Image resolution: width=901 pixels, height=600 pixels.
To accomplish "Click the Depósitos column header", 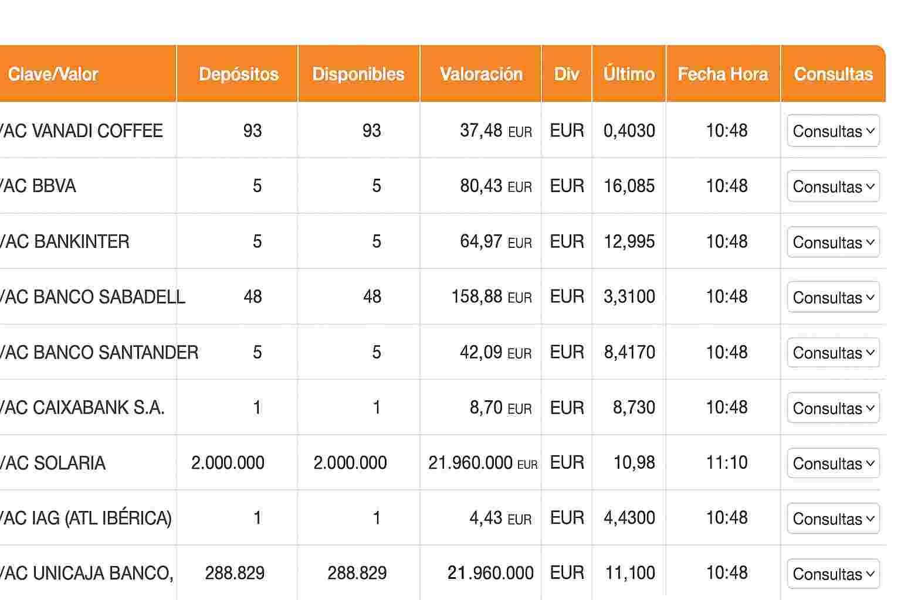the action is [239, 74].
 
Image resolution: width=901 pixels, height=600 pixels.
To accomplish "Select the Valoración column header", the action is [481, 74].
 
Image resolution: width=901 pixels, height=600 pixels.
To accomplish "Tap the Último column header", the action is [629, 74].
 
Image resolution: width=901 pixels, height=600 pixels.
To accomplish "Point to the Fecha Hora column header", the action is [723, 74].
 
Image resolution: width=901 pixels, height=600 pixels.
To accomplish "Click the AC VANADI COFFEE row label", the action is [82, 131].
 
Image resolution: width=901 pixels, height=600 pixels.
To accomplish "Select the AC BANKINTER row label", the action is [65, 241].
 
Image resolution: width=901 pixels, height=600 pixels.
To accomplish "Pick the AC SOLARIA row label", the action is [53, 463].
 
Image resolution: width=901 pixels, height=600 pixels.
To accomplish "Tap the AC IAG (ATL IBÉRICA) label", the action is [86, 518].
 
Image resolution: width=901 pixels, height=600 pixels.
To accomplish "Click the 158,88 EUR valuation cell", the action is [492, 296].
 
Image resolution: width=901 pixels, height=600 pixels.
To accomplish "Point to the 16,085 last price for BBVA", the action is [629, 186].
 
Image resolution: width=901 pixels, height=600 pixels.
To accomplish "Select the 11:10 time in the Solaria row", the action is [727, 462].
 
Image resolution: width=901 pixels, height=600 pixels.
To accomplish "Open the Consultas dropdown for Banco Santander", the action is [834, 353].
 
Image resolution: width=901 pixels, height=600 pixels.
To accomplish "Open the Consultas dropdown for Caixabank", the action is [834, 408].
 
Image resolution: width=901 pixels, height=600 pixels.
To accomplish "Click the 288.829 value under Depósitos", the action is [235, 573].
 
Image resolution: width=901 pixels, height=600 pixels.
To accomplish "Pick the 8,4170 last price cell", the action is [629, 352].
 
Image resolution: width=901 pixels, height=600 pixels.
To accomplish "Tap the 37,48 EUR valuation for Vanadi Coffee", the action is [496, 131].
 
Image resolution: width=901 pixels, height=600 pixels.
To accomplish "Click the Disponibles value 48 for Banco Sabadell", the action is [372, 296].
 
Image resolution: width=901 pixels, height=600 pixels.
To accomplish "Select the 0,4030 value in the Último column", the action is [629, 131].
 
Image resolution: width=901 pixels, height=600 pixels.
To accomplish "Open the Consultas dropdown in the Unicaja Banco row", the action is [834, 574].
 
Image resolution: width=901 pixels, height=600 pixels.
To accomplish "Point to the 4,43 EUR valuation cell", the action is [500, 518].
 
